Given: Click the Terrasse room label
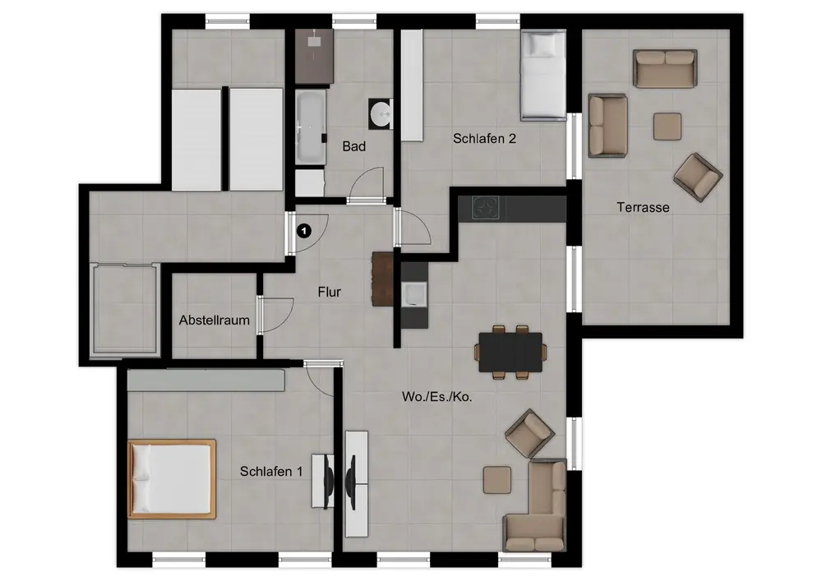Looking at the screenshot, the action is pyautogui.click(x=643, y=207).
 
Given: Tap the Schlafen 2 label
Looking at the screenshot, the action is pyautogui.click(x=484, y=138).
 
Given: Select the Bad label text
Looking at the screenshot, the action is pyautogui.click(x=353, y=147).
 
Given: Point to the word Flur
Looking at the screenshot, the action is pyautogui.click(x=330, y=292).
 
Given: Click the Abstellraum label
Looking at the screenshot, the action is pyautogui.click(x=214, y=320).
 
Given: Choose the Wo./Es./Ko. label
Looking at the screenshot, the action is pyautogui.click(x=436, y=397).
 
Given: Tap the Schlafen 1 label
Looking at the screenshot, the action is pyautogui.click(x=271, y=472).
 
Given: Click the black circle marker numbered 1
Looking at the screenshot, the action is pyautogui.click(x=304, y=231).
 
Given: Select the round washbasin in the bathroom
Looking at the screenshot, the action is pyautogui.click(x=381, y=113).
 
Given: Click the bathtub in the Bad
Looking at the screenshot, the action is pyautogui.click(x=311, y=126).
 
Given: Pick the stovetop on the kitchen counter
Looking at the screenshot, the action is pyautogui.click(x=486, y=207).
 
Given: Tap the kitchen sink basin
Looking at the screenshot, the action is pyautogui.click(x=414, y=294).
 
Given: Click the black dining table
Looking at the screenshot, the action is pyautogui.click(x=510, y=352).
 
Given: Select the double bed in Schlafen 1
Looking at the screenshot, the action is pyautogui.click(x=172, y=479).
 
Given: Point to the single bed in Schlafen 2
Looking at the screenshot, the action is pyautogui.click(x=543, y=75).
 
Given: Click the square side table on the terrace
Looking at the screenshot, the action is pyautogui.click(x=667, y=127).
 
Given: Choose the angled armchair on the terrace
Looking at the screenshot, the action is pyautogui.click(x=698, y=177).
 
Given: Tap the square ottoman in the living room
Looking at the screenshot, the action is pyautogui.click(x=497, y=480).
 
